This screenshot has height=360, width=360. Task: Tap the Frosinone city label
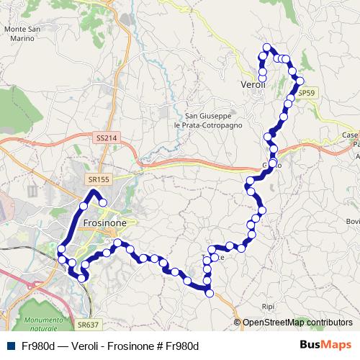coord(105,223)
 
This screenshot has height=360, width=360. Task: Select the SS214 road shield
coord(105,138)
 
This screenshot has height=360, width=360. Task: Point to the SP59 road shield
coord(307,93)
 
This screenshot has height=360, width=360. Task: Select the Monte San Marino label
coord(22,34)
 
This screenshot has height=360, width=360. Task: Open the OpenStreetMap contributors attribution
coord(297,323)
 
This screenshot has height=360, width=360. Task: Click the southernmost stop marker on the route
coord(210,292)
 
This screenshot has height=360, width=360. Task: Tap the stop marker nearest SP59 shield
coord(300,81)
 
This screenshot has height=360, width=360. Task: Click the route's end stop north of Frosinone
coord(103,202)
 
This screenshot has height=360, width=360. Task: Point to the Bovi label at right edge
coord(353,221)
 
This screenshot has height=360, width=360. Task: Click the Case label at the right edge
coord(351,135)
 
